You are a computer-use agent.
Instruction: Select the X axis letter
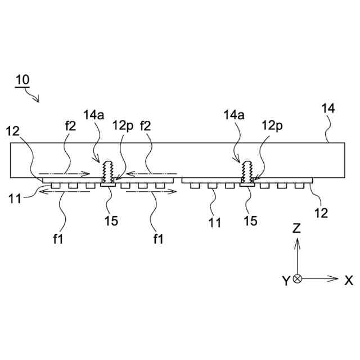tap(349, 280)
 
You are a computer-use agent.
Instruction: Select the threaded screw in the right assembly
tap(246, 170)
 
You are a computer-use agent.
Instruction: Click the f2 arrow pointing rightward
tap(63, 173)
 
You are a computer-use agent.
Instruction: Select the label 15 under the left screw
tap(111, 221)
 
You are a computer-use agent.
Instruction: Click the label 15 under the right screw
tap(250, 221)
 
